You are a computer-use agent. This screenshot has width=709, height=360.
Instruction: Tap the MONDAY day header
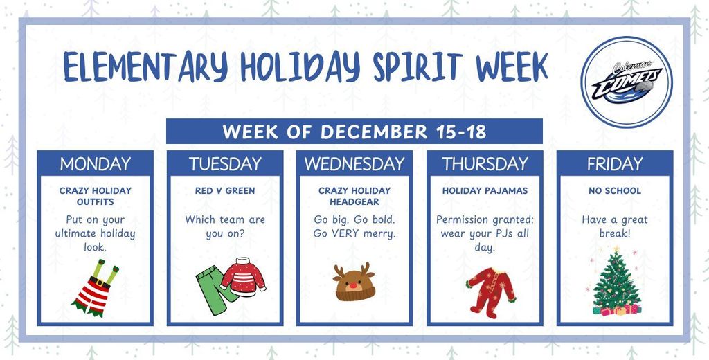95,164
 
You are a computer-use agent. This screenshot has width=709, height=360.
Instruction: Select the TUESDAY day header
225,164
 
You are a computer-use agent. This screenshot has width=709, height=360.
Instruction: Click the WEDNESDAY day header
354,164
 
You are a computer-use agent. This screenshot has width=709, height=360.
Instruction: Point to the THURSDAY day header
484,164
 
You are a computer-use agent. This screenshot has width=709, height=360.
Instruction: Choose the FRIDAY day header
614,164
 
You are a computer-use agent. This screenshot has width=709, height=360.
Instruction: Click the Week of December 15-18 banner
354,132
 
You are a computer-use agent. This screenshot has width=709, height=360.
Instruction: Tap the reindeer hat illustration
354,282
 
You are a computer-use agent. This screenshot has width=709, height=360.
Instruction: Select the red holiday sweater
243,275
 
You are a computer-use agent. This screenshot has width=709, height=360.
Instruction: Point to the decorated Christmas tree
615,284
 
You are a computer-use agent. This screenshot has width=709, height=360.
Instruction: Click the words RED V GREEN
225,190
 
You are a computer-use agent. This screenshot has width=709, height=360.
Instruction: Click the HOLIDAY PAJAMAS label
484,190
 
